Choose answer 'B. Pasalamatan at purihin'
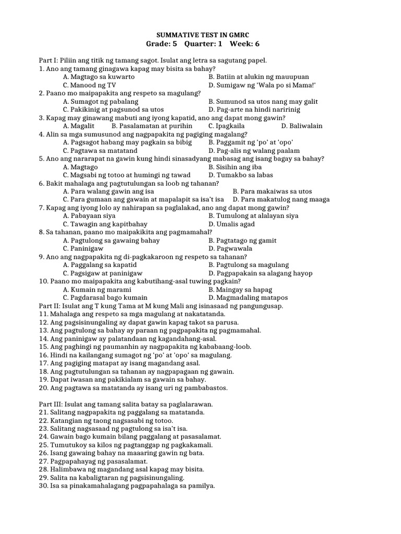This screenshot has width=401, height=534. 152,126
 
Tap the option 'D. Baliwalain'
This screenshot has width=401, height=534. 302,126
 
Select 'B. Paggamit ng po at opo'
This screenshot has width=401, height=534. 251,142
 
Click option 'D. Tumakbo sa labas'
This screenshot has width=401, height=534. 240,175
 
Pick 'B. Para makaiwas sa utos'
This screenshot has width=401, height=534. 272,191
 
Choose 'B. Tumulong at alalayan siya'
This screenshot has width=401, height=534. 253,215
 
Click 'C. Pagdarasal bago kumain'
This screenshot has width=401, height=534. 105,297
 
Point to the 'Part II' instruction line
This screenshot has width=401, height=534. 161,306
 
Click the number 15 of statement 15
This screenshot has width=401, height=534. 43,346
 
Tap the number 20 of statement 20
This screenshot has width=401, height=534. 43,387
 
